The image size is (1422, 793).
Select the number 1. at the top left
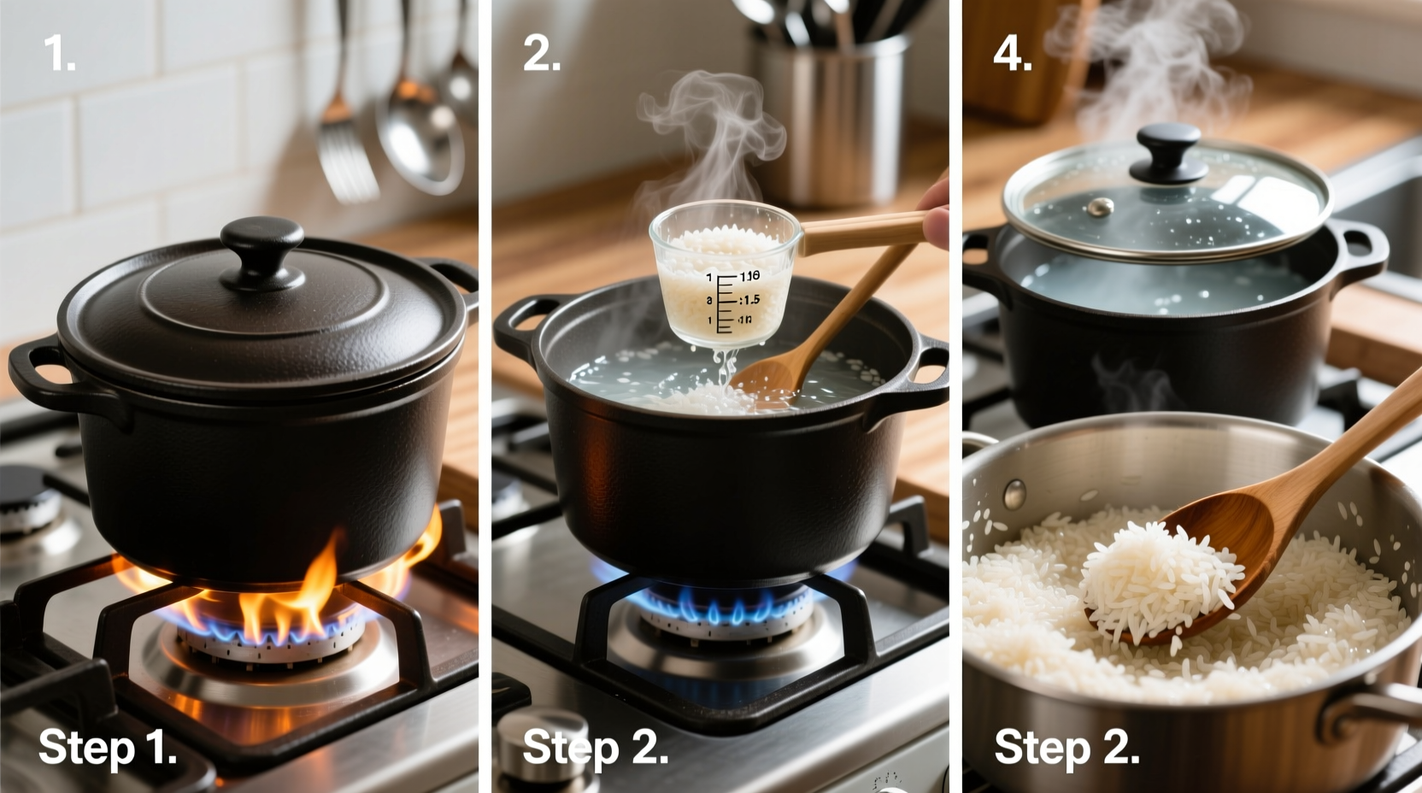[x=60, y=54]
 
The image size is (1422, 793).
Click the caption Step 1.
[x=108, y=748]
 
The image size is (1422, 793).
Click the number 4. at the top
[x=1013, y=54]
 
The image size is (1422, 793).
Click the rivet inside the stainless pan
[x=1014, y=494]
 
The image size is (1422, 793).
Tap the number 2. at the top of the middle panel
[x=541, y=54]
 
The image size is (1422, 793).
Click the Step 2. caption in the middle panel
[x=595, y=748]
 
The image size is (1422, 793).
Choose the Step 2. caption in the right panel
[x=1066, y=748]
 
